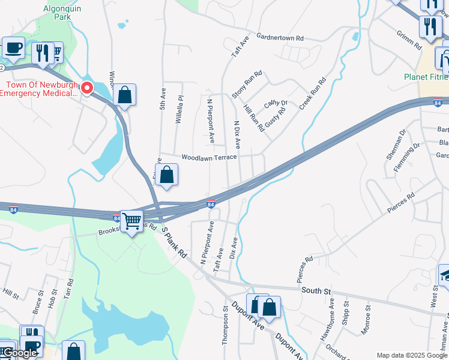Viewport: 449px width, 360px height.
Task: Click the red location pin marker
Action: (87, 88)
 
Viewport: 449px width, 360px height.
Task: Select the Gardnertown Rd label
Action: (280, 38)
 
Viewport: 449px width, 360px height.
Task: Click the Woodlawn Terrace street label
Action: (209, 157)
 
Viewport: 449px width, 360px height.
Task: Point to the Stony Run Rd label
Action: (247, 85)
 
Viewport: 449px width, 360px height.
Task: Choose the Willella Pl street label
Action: (179, 109)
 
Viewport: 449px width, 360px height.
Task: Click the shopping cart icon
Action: (131, 221)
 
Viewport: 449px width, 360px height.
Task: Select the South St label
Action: (316, 290)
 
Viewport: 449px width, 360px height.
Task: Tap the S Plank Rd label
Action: (175, 245)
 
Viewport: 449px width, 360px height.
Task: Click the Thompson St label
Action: (226, 325)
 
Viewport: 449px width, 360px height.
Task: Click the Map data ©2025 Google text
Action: (412, 355)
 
